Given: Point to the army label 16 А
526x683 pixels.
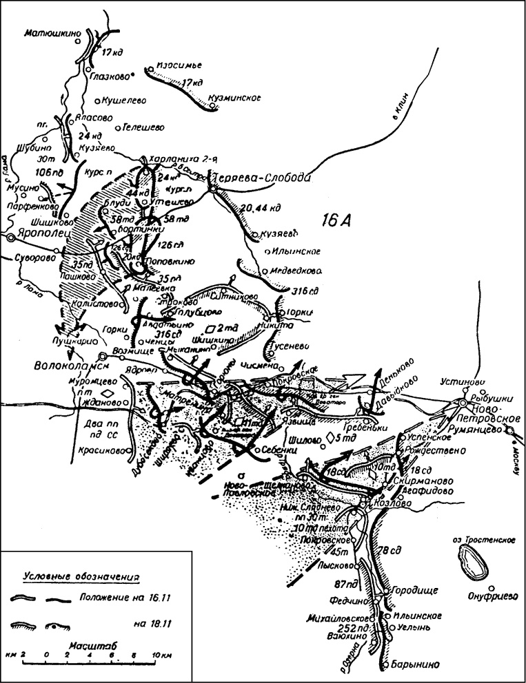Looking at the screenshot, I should [341, 222].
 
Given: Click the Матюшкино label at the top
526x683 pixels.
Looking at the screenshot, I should [52, 32].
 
